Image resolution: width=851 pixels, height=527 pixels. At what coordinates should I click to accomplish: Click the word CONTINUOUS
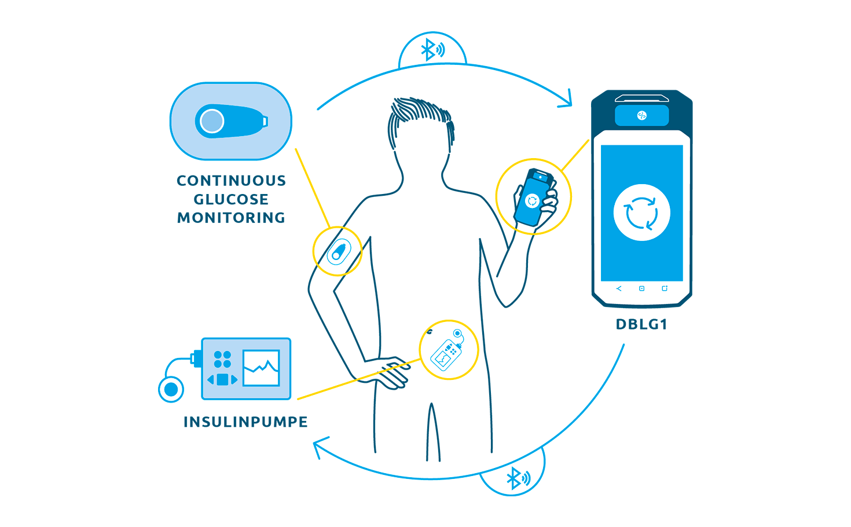[231, 181]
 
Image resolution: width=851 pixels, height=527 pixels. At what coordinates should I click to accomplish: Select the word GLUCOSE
[231, 199]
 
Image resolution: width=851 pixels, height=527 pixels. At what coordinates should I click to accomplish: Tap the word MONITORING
[231, 218]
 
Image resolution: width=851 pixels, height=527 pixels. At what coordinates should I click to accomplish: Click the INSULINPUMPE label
[245, 422]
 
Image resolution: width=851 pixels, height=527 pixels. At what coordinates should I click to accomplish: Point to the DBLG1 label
[641, 324]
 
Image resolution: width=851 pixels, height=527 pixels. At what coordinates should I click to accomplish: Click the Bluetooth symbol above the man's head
[432, 49]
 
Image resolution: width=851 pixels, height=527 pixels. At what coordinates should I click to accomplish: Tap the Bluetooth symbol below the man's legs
[518, 478]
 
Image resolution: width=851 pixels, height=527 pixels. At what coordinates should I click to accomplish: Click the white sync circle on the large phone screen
[641, 213]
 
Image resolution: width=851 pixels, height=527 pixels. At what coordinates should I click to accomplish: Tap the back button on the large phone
[619, 288]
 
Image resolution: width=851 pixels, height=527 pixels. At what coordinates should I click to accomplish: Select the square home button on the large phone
[641, 288]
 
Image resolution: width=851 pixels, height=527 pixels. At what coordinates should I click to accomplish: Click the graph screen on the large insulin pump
[262, 368]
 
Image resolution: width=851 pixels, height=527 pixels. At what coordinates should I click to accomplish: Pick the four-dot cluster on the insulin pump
[222, 359]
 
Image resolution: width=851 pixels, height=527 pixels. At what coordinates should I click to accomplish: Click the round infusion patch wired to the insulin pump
[171, 389]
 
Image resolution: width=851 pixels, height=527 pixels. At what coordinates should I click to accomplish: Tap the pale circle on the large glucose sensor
[212, 121]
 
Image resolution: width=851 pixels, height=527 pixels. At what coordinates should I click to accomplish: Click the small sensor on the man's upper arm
[339, 251]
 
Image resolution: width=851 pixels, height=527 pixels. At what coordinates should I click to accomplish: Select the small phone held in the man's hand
[534, 197]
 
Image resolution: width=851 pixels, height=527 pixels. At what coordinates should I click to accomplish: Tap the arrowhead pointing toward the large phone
[566, 99]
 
